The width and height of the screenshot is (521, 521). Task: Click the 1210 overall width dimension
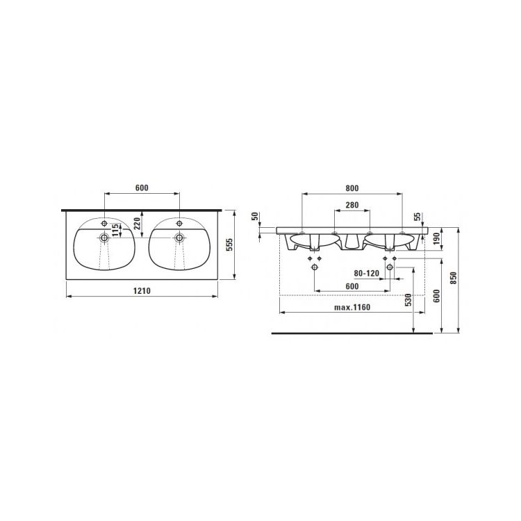tap(142, 291)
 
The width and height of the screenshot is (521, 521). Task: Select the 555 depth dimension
tap(230, 245)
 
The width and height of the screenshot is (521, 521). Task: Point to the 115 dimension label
tap(115, 230)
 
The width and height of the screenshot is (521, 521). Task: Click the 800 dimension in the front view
tap(352, 188)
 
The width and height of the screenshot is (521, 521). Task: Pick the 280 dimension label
tap(352, 205)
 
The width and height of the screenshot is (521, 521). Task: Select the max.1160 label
tap(352, 307)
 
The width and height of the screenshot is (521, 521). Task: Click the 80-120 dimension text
tap(367, 274)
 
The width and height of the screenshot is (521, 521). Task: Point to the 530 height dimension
tap(408, 299)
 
